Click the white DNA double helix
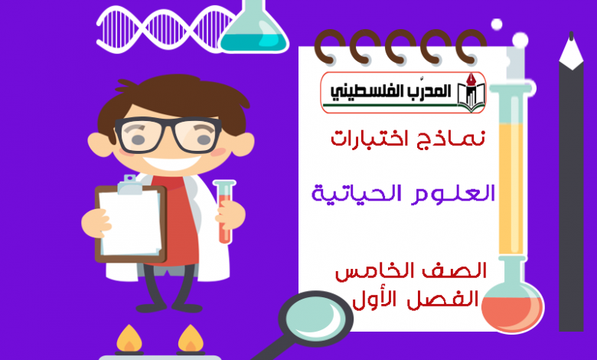coord(164,28)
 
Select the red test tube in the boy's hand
coord(224,211)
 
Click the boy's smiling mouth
coord(171,163)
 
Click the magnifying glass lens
coord(315,318)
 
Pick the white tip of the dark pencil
coord(571,51)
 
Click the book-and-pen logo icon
coord(471,93)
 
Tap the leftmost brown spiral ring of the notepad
coord(328,47)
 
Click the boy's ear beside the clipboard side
coord(99,145)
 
